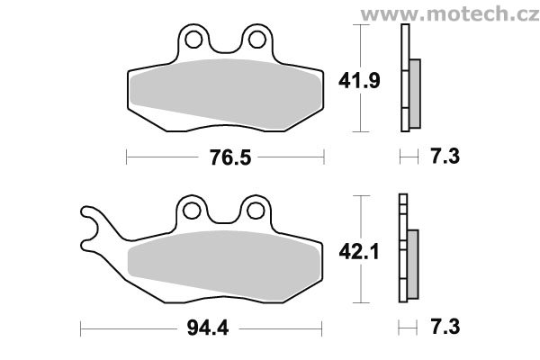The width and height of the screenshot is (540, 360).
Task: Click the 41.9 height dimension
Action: tap(359, 81)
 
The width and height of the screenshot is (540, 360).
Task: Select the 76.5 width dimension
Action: tap(230, 157)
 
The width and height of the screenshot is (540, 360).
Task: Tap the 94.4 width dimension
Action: tap(208, 328)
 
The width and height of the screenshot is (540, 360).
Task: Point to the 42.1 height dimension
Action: tap(359, 251)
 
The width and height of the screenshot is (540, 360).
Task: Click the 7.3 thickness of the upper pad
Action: tap(445, 156)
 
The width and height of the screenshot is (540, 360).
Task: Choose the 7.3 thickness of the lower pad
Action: tap(445, 327)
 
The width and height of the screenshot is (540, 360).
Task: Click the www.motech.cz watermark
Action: tap(449, 14)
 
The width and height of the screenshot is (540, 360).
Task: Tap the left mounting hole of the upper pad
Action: tap(193, 40)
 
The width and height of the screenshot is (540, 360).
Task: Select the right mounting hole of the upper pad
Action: tap(256, 40)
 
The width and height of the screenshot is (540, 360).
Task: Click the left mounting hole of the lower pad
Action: tap(192, 211)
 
